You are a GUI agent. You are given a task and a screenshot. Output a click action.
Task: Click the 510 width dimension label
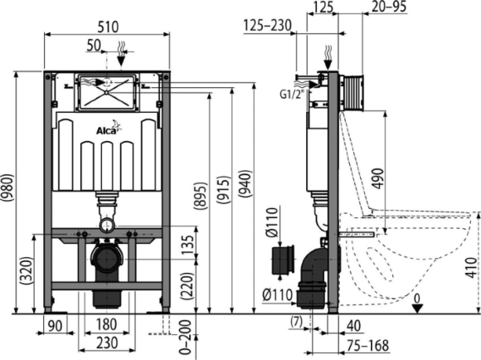point(108,27)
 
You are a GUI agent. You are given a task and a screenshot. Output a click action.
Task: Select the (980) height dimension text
point(7,187)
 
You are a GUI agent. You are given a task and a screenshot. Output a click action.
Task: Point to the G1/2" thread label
point(290,94)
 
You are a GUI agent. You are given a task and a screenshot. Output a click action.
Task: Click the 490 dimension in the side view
point(378,178)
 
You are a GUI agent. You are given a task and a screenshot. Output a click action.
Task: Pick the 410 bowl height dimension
point(471,268)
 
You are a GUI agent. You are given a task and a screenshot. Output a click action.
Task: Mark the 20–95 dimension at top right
point(389,7)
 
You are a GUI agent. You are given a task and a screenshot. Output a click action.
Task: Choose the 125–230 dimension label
point(267,26)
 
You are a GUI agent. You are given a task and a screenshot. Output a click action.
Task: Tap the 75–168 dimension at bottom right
point(368,346)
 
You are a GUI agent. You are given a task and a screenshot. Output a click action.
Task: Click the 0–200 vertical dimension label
point(185,338)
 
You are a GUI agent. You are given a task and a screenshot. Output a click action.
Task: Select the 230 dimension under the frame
point(107,343)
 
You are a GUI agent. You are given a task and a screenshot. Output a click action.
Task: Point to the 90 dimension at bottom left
point(56,326)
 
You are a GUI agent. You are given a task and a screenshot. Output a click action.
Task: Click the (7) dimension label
point(296,321)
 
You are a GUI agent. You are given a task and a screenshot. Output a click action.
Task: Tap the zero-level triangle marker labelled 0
point(417,308)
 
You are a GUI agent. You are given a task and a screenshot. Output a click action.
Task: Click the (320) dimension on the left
point(26,270)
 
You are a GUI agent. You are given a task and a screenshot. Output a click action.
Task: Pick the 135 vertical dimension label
point(187,244)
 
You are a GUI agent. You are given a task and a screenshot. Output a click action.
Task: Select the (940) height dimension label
point(245,183)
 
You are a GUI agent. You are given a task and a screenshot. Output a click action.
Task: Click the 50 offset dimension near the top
point(94,45)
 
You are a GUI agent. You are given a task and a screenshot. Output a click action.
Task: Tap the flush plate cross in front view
point(107,92)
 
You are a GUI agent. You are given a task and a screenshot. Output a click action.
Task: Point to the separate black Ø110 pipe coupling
point(283,260)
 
